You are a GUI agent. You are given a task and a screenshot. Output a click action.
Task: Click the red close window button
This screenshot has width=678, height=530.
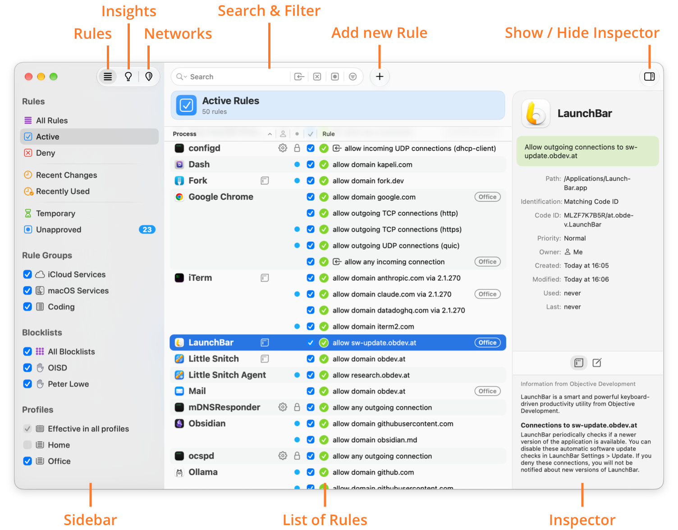[28, 77]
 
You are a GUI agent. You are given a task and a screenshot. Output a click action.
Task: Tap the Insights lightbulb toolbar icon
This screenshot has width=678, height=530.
[128, 77]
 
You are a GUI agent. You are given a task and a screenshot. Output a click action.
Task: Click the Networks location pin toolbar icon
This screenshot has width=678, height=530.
[149, 77]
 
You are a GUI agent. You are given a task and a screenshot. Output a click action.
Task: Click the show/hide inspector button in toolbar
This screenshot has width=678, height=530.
[649, 77]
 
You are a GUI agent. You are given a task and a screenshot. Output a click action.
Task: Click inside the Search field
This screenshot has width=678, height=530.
[237, 77]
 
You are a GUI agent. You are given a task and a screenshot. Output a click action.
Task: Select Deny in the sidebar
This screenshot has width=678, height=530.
[46, 153]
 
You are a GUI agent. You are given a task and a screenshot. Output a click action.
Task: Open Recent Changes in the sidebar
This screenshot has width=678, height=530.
[66, 175]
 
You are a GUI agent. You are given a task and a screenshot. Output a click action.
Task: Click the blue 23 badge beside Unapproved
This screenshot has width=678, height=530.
[147, 229]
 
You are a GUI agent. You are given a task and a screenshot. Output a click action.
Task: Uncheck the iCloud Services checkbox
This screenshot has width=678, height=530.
[27, 274]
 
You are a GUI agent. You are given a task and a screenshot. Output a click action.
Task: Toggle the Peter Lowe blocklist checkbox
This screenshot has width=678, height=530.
[27, 384]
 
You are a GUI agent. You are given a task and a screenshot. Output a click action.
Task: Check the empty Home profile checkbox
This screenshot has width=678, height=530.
[27, 444]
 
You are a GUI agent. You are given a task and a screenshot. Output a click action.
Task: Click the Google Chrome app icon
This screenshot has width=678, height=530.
[179, 197]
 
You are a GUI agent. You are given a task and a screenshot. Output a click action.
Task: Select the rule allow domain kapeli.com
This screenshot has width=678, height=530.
[372, 164]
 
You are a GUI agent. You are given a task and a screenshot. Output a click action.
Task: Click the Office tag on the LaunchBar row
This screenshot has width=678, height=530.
[487, 343]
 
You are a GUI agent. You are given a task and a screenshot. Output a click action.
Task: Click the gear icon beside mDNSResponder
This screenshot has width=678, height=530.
[283, 407]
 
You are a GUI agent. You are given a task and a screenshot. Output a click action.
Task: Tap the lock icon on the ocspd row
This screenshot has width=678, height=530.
[297, 456]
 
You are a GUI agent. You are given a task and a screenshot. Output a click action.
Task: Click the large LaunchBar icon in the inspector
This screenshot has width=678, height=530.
[536, 113]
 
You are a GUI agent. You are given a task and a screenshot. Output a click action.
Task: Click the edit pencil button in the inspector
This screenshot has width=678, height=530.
[596, 362]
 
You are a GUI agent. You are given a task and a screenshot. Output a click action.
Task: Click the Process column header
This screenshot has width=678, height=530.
[185, 134]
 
